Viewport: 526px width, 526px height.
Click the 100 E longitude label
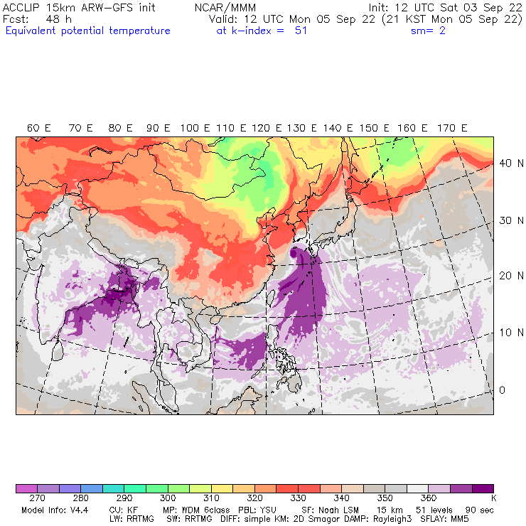point(194,128)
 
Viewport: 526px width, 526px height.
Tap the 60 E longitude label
point(39,128)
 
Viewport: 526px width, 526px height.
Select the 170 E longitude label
point(453,128)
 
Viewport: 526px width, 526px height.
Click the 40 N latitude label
point(505,163)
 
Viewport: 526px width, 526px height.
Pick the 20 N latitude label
point(505,276)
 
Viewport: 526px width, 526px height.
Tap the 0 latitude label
point(502,390)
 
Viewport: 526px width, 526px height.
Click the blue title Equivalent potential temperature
point(87,31)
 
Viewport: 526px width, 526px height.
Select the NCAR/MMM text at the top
point(225,8)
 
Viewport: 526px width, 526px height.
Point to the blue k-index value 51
point(301,31)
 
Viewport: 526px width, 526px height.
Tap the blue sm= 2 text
point(428,31)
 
